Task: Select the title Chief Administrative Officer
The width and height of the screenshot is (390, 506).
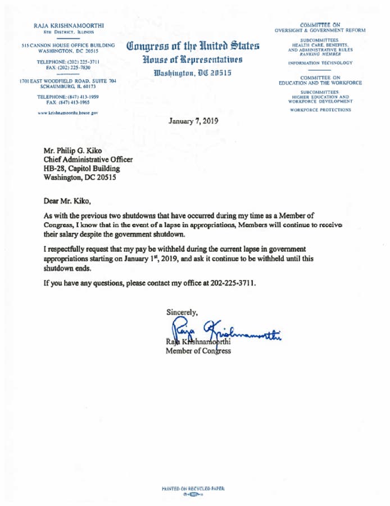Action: click(x=88, y=160)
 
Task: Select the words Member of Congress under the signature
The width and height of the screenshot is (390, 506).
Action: click(x=198, y=351)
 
